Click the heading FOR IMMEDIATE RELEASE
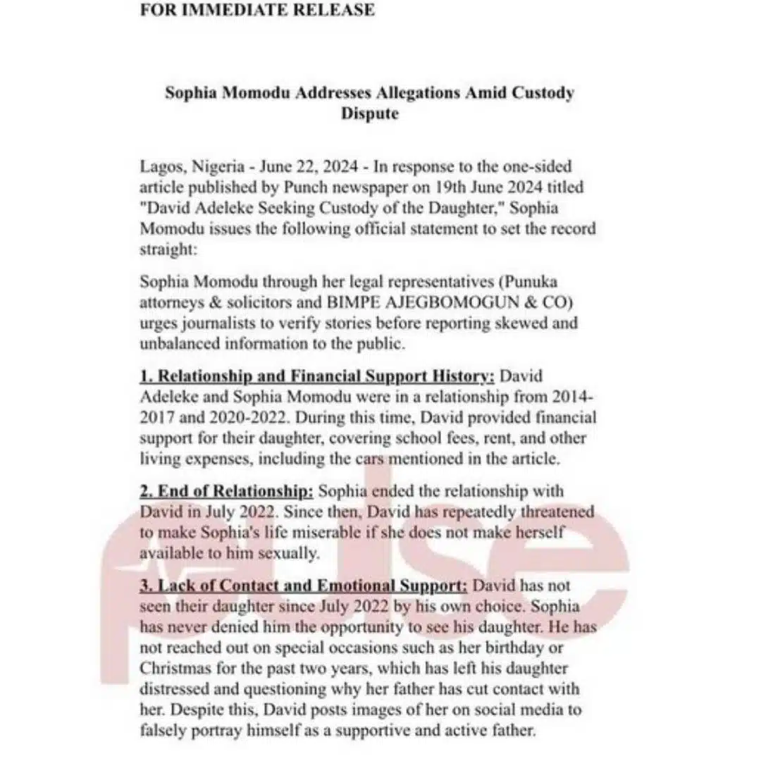[x=257, y=11]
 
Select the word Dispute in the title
[x=370, y=113]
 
